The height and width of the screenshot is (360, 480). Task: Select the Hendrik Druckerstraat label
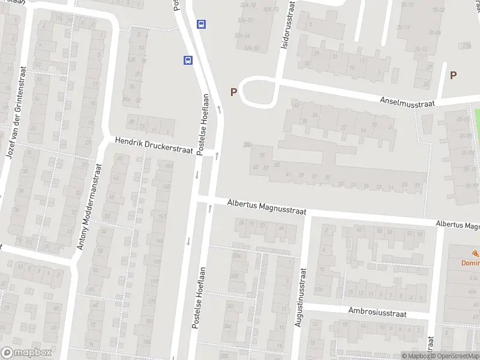coord(154,146)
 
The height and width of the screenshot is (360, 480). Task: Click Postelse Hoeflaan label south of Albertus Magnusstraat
coord(199,298)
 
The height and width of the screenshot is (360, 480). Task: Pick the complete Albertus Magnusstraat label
coord(266,208)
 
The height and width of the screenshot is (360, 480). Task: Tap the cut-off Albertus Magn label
coord(457,224)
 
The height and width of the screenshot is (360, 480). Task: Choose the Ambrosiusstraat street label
coord(377,313)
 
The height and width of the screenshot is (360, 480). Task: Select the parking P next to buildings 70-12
coord(454,75)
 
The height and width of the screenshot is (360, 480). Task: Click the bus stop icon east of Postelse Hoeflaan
coord(202,25)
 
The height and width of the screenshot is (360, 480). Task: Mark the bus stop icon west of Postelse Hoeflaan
coord(188,60)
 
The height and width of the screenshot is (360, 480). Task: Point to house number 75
coord(262,155)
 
